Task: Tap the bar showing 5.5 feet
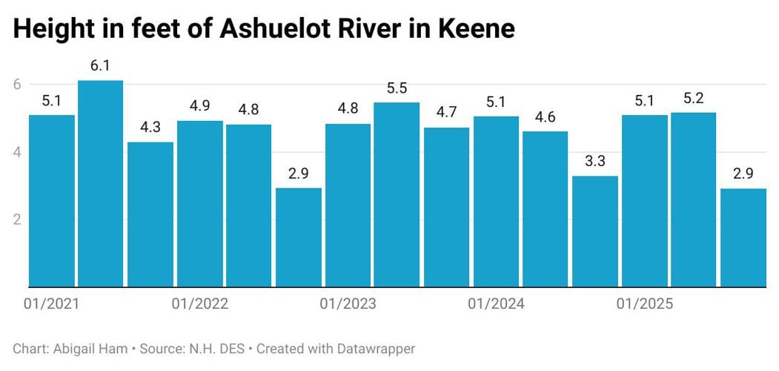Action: [x=397, y=194]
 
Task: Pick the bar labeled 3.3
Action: [x=595, y=231]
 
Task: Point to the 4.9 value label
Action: [x=199, y=105]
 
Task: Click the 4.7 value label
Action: [x=446, y=113]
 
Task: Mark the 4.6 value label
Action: [x=545, y=116]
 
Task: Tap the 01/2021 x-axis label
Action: [x=52, y=304]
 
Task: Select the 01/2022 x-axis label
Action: [x=199, y=304]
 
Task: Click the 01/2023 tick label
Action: [x=348, y=304]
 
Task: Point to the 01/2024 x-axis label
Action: [x=496, y=304]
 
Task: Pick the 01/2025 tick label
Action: [x=643, y=304]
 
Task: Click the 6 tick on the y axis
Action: [x=16, y=85]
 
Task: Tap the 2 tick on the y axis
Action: [x=16, y=219]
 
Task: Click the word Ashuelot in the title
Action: [x=264, y=30]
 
